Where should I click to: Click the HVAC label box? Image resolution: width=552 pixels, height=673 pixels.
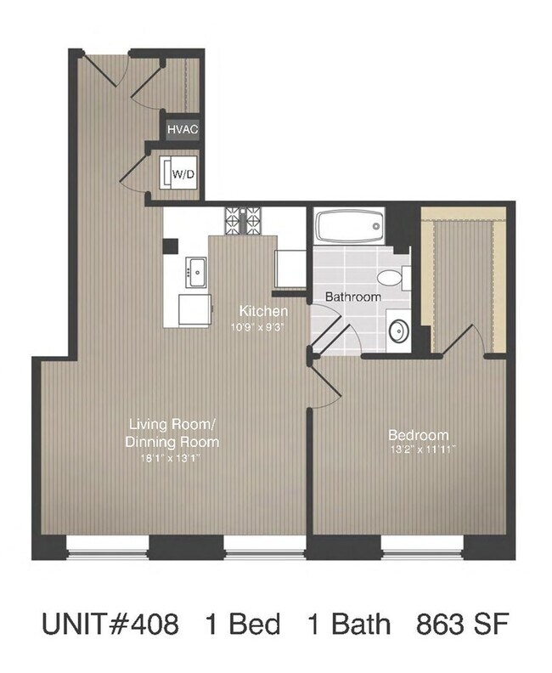(x=183, y=129)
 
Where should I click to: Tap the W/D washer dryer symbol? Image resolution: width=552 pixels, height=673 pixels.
(x=182, y=174)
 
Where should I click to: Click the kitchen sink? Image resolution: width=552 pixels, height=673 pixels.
(x=195, y=273)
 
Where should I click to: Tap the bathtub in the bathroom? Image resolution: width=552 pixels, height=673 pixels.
(x=350, y=228)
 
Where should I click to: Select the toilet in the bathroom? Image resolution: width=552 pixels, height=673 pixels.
(x=391, y=276)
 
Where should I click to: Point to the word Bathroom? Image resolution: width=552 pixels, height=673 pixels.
(x=353, y=297)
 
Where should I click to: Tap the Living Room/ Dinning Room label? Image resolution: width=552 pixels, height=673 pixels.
(x=174, y=433)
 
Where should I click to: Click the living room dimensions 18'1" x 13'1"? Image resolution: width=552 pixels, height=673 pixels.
(x=173, y=458)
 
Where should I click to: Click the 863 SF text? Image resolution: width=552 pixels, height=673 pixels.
(x=462, y=626)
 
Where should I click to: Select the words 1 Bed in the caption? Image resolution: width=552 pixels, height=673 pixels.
(x=242, y=626)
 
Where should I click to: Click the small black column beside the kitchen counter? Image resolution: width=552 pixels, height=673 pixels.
(x=171, y=246)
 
